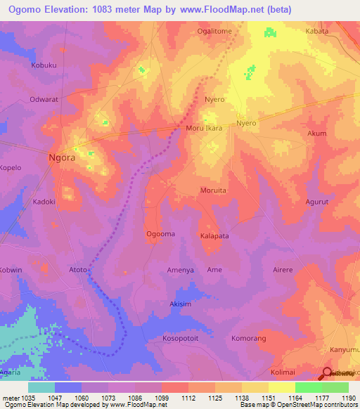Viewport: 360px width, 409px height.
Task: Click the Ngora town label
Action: click(62, 158)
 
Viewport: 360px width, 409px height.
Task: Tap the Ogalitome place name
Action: click(214, 32)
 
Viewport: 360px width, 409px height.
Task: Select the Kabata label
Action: click(317, 32)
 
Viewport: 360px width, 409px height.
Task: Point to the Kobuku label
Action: click(44, 65)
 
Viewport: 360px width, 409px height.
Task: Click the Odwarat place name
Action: click(44, 99)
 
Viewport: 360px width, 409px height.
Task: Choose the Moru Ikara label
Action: click(204, 129)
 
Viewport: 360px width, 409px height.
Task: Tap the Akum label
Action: click(317, 133)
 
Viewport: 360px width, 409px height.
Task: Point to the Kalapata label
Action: click(214, 236)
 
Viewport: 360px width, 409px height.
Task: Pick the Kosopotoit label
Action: click(181, 338)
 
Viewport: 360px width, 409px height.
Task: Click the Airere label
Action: click(282, 269)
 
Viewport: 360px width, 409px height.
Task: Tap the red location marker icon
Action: click(328, 373)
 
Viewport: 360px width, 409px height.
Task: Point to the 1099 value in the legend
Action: click(161, 398)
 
